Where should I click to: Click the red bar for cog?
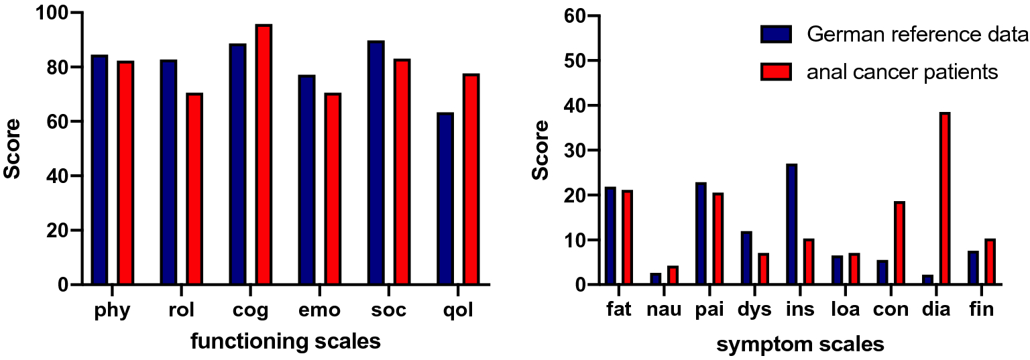tap(264, 155)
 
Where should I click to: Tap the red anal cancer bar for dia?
tap(945, 199)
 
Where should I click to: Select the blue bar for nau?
tap(655, 279)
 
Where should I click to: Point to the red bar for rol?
tap(194, 189)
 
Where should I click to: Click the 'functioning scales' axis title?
tap(286, 342)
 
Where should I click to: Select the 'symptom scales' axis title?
tap(800, 345)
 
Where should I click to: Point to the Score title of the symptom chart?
tap(540, 151)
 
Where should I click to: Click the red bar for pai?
tap(718, 239)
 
